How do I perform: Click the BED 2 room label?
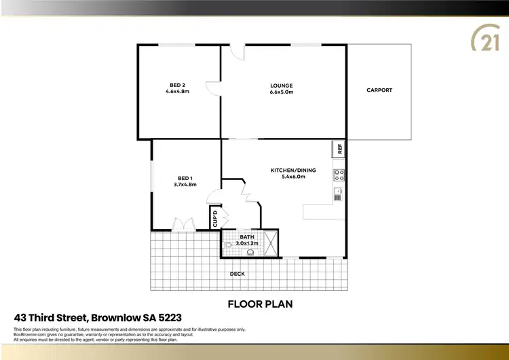tap(178, 85)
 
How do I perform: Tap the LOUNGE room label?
tap(282, 86)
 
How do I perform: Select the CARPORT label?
tap(379, 90)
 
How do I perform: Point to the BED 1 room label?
tap(185, 178)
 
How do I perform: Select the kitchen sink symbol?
tap(339, 194)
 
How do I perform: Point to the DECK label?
tap(237, 274)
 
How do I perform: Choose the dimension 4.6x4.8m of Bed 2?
tap(178, 92)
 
